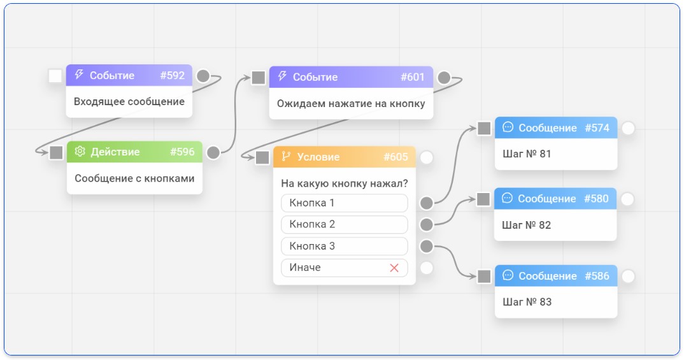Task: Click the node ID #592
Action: [x=173, y=75]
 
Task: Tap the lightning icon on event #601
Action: [x=282, y=76]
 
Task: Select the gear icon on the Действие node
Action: [x=80, y=152]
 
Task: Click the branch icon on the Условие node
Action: [x=286, y=156]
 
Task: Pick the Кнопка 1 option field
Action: [x=345, y=203]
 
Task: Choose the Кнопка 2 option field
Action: [x=345, y=224]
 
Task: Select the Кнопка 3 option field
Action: [x=345, y=246]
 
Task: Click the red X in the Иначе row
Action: [x=394, y=268]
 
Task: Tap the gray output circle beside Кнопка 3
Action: [x=426, y=246]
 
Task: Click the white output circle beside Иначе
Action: [x=426, y=268]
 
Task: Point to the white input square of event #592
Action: [x=55, y=76]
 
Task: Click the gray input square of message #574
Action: [x=484, y=128]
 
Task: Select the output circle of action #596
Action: [x=213, y=152]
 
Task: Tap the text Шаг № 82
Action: [x=527, y=225]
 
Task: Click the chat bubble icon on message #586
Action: [x=508, y=275]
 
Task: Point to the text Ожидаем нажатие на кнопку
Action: [x=351, y=104]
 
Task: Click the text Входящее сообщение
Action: [x=129, y=102]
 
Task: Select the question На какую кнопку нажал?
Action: [x=345, y=184]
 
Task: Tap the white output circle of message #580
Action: [x=627, y=199]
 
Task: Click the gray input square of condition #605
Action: [x=262, y=157]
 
